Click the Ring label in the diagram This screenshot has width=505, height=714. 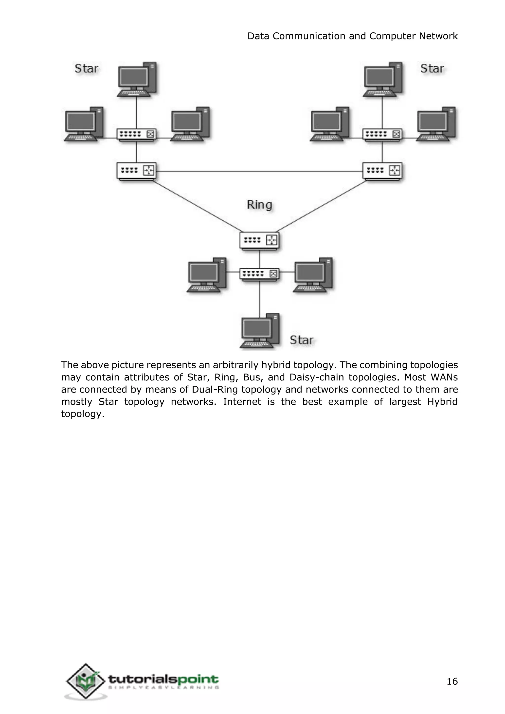(x=259, y=205)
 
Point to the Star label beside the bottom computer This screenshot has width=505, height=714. (x=301, y=340)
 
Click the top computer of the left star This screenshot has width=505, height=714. (x=137, y=80)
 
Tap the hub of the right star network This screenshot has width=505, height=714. (x=382, y=135)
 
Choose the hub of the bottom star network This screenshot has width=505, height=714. (x=259, y=274)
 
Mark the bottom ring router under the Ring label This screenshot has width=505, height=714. (x=259, y=240)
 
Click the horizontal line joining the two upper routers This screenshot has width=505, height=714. (x=259, y=171)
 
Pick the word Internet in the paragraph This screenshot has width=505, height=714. (x=242, y=402)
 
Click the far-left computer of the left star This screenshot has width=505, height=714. (x=83, y=125)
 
